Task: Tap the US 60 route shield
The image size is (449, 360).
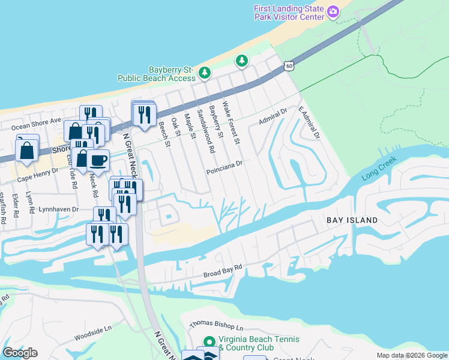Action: [289, 66]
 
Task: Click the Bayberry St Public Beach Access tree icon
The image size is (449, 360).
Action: [205, 73]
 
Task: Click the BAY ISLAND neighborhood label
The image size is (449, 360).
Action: [352, 220]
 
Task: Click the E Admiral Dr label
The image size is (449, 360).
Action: [307, 122]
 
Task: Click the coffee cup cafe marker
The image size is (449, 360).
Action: [98, 160]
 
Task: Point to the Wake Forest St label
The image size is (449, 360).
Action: [231, 124]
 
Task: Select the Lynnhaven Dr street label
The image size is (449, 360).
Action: [58, 209]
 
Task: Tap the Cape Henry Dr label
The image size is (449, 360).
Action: [37, 170]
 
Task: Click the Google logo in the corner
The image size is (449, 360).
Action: [20, 352]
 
